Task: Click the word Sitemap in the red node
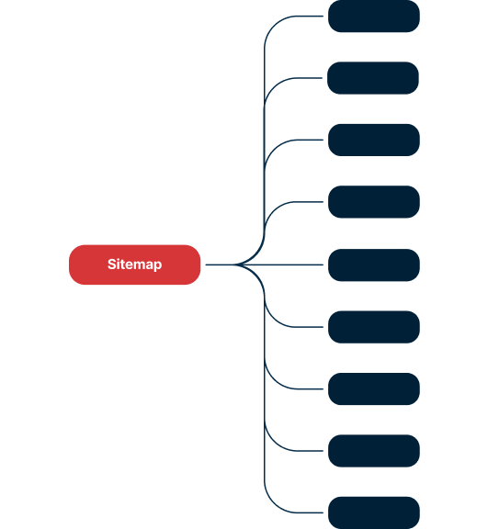tap(134, 264)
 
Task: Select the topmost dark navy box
tap(374, 17)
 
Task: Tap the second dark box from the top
tap(373, 78)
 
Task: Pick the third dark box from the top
tap(374, 140)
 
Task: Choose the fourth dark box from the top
tap(374, 202)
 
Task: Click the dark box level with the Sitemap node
tap(374, 265)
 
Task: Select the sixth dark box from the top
tap(374, 327)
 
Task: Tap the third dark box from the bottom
tap(374, 389)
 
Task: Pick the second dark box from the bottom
tap(374, 451)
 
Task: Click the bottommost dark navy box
tap(374, 512)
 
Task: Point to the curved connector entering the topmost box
tap(265, 101)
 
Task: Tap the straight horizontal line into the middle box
tap(265, 264)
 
